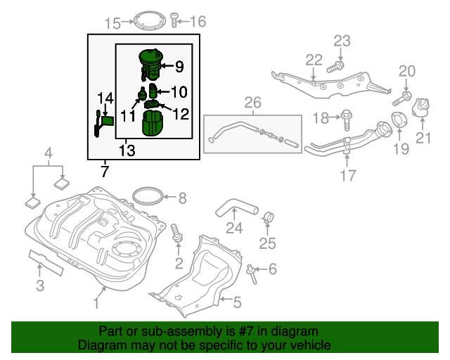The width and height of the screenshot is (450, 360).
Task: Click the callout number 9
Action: (x=179, y=67)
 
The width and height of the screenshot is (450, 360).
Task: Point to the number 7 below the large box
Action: (x=105, y=171)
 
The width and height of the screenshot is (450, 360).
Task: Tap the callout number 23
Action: (x=342, y=41)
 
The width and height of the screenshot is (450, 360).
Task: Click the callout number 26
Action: (x=252, y=104)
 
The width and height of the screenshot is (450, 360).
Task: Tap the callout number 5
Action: (x=237, y=303)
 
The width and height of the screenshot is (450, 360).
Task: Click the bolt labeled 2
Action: (x=176, y=235)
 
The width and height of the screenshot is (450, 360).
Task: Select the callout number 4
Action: (x=48, y=153)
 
